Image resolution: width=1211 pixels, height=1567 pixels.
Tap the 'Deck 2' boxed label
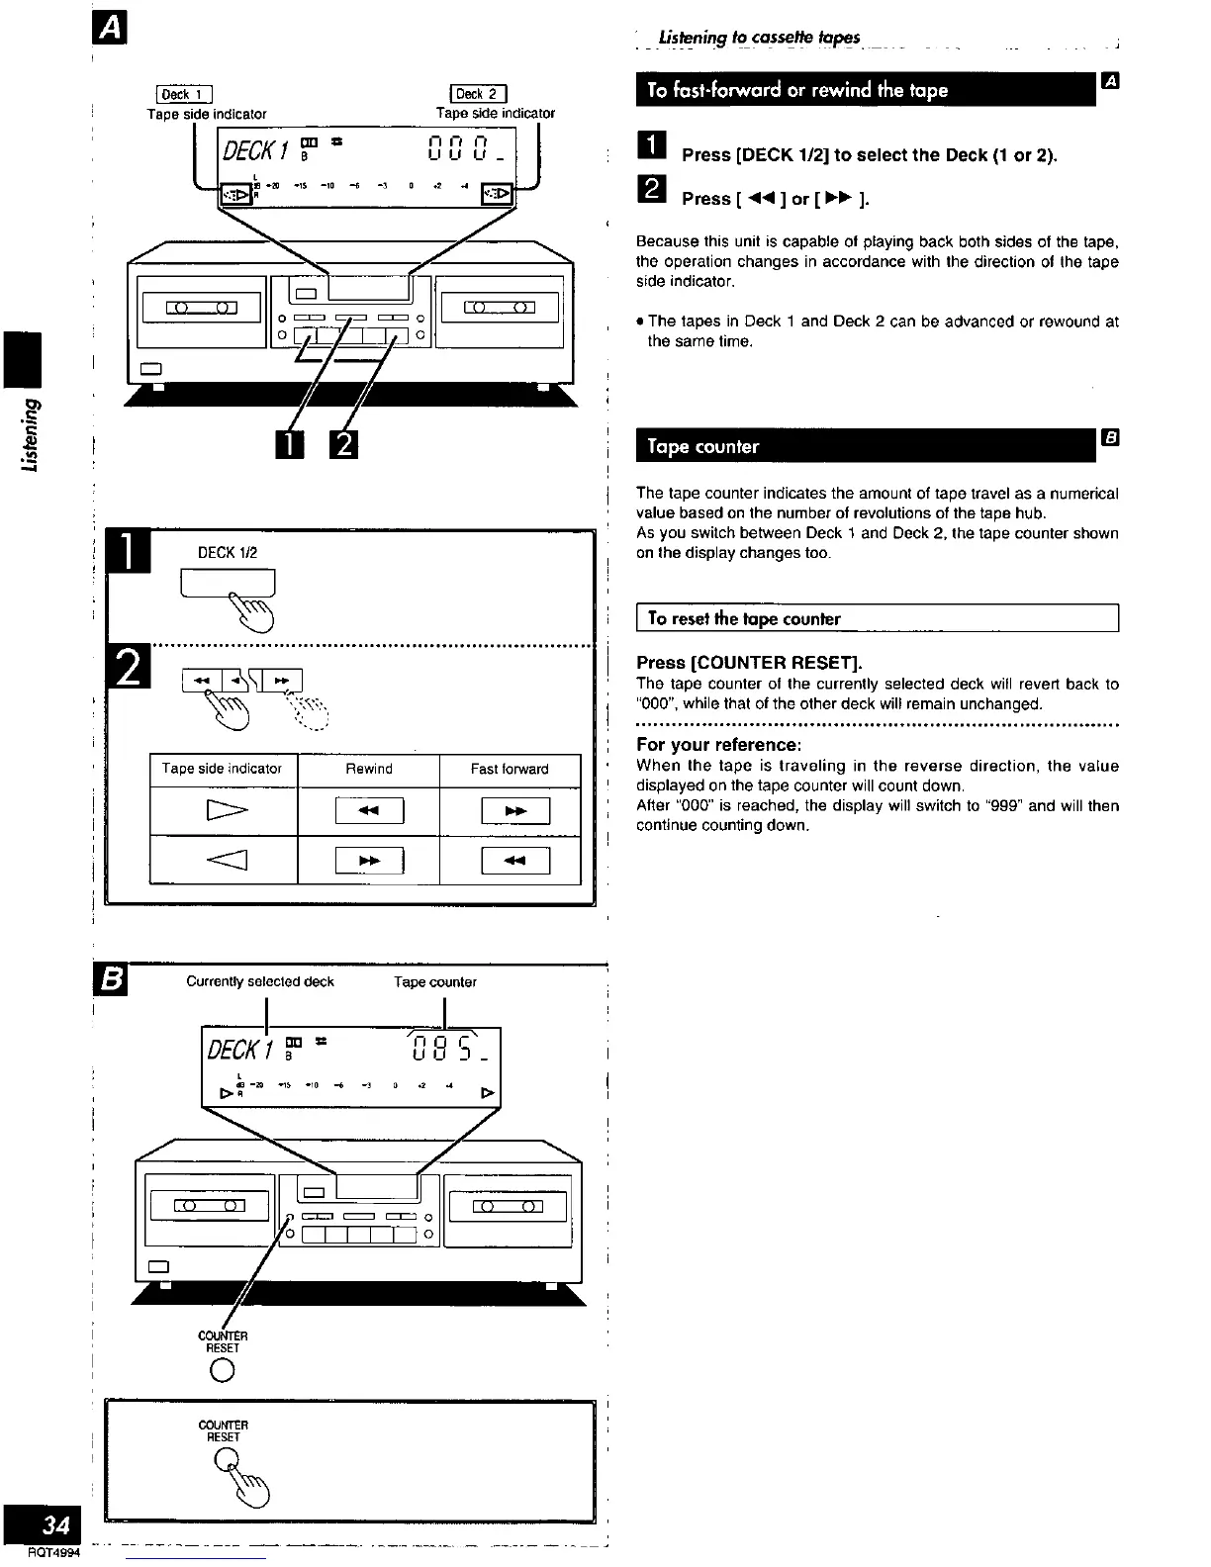(x=478, y=95)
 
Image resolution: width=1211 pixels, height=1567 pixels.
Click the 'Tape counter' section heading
(x=703, y=446)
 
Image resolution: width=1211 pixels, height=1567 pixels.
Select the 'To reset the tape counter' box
(x=877, y=618)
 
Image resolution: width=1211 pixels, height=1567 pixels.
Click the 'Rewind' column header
(x=368, y=769)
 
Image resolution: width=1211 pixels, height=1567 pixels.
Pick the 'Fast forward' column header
(x=510, y=769)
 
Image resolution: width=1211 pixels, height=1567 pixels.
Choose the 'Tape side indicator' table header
(x=222, y=769)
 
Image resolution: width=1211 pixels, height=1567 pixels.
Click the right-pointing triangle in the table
(x=224, y=812)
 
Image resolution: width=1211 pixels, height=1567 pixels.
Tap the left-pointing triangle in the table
(x=224, y=861)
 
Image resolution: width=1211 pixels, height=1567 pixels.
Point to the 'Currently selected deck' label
(x=260, y=982)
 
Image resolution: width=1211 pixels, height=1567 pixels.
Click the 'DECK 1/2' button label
(x=228, y=553)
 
